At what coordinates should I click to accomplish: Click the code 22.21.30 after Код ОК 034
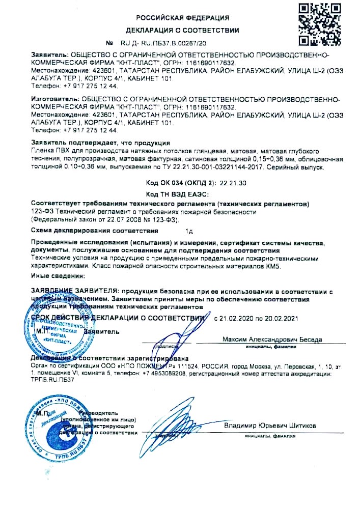pyautogui.click(x=219, y=183)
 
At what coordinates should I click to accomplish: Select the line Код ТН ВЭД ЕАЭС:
pyautogui.click(x=181, y=194)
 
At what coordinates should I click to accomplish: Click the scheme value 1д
pyautogui.click(x=189, y=231)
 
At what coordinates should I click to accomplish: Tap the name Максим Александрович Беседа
pyautogui.click(x=272, y=339)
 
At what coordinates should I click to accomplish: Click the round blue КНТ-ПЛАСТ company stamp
pyautogui.click(x=54, y=333)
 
